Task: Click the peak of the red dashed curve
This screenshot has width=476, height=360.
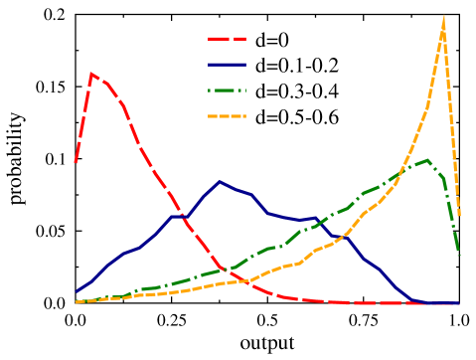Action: coord(91,73)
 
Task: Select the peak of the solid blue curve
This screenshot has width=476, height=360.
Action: coord(220,181)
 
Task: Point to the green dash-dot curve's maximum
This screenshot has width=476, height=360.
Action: coord(427,159)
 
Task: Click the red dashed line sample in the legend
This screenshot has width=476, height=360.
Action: coord(227,39)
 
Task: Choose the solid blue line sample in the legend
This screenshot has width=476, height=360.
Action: coord(227,65)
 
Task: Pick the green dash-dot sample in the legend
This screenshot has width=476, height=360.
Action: coord(227,90)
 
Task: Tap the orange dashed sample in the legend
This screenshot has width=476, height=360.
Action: coord(227,116)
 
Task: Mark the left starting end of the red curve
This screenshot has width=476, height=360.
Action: coord(76,161)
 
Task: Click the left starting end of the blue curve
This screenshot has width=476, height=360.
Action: coord(77,292)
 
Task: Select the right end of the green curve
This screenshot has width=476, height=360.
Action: coord(459,257)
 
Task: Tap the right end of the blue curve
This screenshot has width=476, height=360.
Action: coord(459,303)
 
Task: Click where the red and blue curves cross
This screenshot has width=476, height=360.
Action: coord(179,213)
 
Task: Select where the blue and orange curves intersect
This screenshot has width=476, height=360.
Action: coord(342,236)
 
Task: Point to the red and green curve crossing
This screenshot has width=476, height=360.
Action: coord(232,269)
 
